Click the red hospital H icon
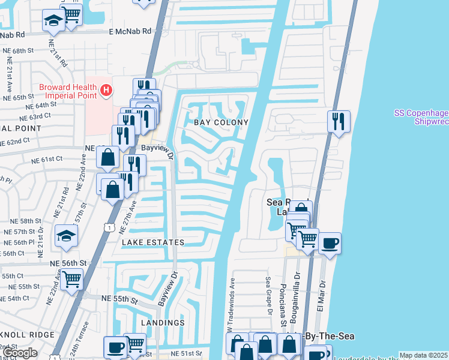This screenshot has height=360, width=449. [106, 90]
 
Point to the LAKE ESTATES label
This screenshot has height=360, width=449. [153, 242]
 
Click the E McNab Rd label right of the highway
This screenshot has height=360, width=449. [130, 32]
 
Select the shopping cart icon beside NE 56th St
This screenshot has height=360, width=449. [71, 278]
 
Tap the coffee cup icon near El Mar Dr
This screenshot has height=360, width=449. [330, 243]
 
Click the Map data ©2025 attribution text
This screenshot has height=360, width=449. [423, 355]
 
